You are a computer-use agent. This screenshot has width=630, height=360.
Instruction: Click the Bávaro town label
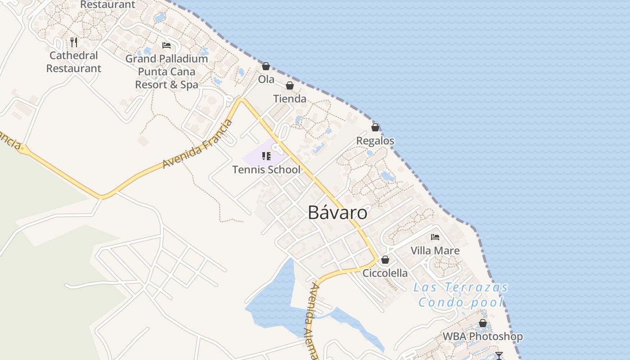(x=337, y=212)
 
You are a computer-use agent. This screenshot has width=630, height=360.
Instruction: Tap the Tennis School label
(x=266, y=170)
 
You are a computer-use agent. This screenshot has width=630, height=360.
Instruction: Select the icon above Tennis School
(x=266, y=156)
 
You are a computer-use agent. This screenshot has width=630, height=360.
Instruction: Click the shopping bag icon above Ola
(x=266, y=66)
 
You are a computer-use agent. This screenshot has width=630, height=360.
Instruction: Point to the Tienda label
(x=290, y=99)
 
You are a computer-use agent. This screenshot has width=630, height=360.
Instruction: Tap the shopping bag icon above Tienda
(x=290, y=85)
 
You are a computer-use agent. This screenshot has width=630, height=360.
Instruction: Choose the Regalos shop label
(x=375, y=141)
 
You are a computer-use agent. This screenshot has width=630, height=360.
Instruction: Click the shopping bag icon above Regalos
(x=375, y=127)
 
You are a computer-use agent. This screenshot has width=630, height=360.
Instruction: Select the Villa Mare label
(x=435, y=251)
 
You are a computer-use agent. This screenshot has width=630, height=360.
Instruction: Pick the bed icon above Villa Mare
(x=435, y=237)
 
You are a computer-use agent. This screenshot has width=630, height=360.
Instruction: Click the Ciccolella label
(x=385, y=273)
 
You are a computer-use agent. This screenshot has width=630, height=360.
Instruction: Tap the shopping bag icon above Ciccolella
(x=385, y=260)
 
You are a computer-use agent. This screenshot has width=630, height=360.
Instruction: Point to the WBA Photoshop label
(x=483, y=337)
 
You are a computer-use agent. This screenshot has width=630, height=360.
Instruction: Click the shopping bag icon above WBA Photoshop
(x=483, y=323)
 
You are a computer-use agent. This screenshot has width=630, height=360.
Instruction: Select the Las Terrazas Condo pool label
(x=460, y=295)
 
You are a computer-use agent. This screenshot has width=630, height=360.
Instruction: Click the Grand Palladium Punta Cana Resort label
(x=166, y=72)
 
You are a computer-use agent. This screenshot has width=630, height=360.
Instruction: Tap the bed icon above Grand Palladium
(x=166, y=45)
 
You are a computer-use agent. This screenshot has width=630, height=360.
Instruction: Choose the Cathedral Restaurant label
(x=74, y=62)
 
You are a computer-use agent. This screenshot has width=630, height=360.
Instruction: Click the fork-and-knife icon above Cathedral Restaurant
(x=74, y=42)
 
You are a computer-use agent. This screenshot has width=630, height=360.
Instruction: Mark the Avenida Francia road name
(x=198, y=144)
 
